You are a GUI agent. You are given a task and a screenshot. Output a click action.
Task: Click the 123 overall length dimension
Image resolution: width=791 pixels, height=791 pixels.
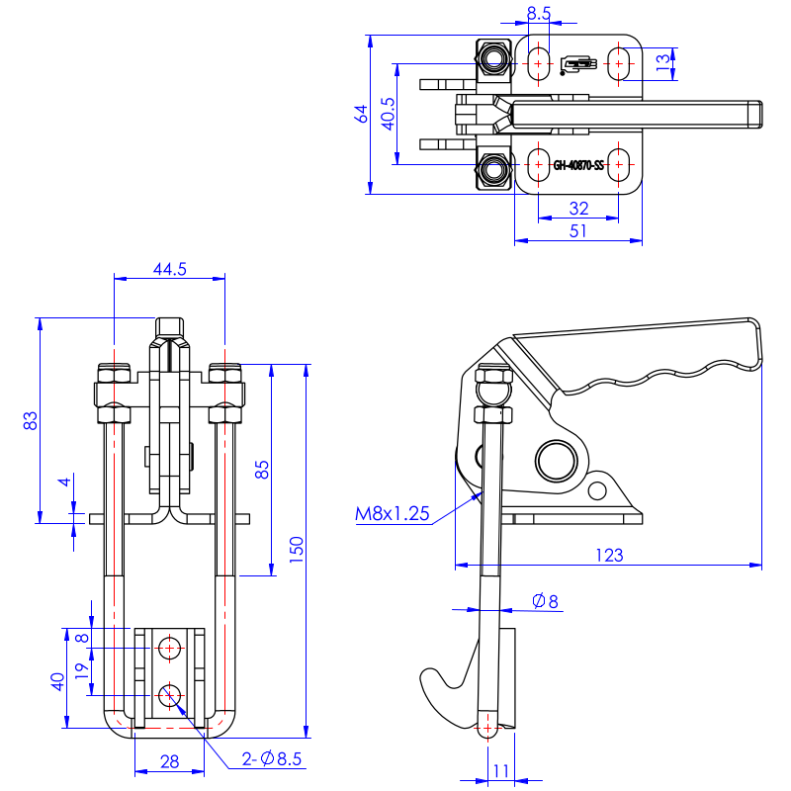coord(611,556)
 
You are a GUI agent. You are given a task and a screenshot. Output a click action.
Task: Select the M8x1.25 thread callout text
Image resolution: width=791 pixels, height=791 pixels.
coord(393,513)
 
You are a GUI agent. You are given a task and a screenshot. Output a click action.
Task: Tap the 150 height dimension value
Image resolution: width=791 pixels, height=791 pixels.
coord(297,549)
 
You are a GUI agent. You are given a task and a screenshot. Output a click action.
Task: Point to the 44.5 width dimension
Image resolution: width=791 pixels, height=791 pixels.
coord(169,268)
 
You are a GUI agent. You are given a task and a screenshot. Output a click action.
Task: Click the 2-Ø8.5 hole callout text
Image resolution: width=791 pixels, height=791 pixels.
coord(272,759)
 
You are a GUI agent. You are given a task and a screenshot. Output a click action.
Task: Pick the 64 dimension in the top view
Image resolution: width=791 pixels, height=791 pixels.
coord(362,115)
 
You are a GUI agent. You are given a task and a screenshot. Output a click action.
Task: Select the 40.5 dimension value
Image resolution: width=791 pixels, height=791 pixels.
coord(388,114)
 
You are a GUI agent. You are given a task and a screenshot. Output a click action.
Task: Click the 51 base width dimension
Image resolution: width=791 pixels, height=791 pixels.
coord(578,230)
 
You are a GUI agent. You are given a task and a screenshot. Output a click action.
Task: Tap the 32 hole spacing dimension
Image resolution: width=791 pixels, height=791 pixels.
coord(578,208)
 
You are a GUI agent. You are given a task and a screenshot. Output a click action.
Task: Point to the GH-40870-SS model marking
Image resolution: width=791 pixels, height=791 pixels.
coord(578,166)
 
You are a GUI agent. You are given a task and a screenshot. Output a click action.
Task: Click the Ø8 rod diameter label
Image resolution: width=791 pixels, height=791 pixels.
coord(545,600)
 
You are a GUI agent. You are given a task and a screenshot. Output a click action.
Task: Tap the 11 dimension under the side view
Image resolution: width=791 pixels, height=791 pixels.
coord(500,769)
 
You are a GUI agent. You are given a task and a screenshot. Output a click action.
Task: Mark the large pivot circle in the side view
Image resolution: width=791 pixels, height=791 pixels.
coord(556,460)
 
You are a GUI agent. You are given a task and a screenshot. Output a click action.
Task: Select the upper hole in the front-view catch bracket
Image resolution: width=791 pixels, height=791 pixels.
coord(170,649)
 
